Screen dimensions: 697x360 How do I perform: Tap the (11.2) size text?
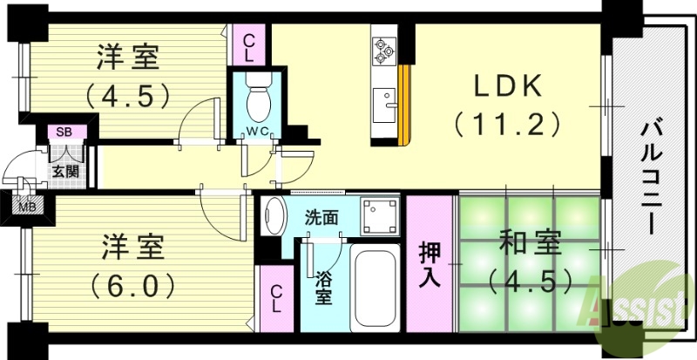pyautogui.click(x=505, y=125)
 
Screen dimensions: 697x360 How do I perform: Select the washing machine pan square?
pyautogui.click(x=379, y=216)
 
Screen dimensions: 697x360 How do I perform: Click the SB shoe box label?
pyautogui.click(x=64, y=132)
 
